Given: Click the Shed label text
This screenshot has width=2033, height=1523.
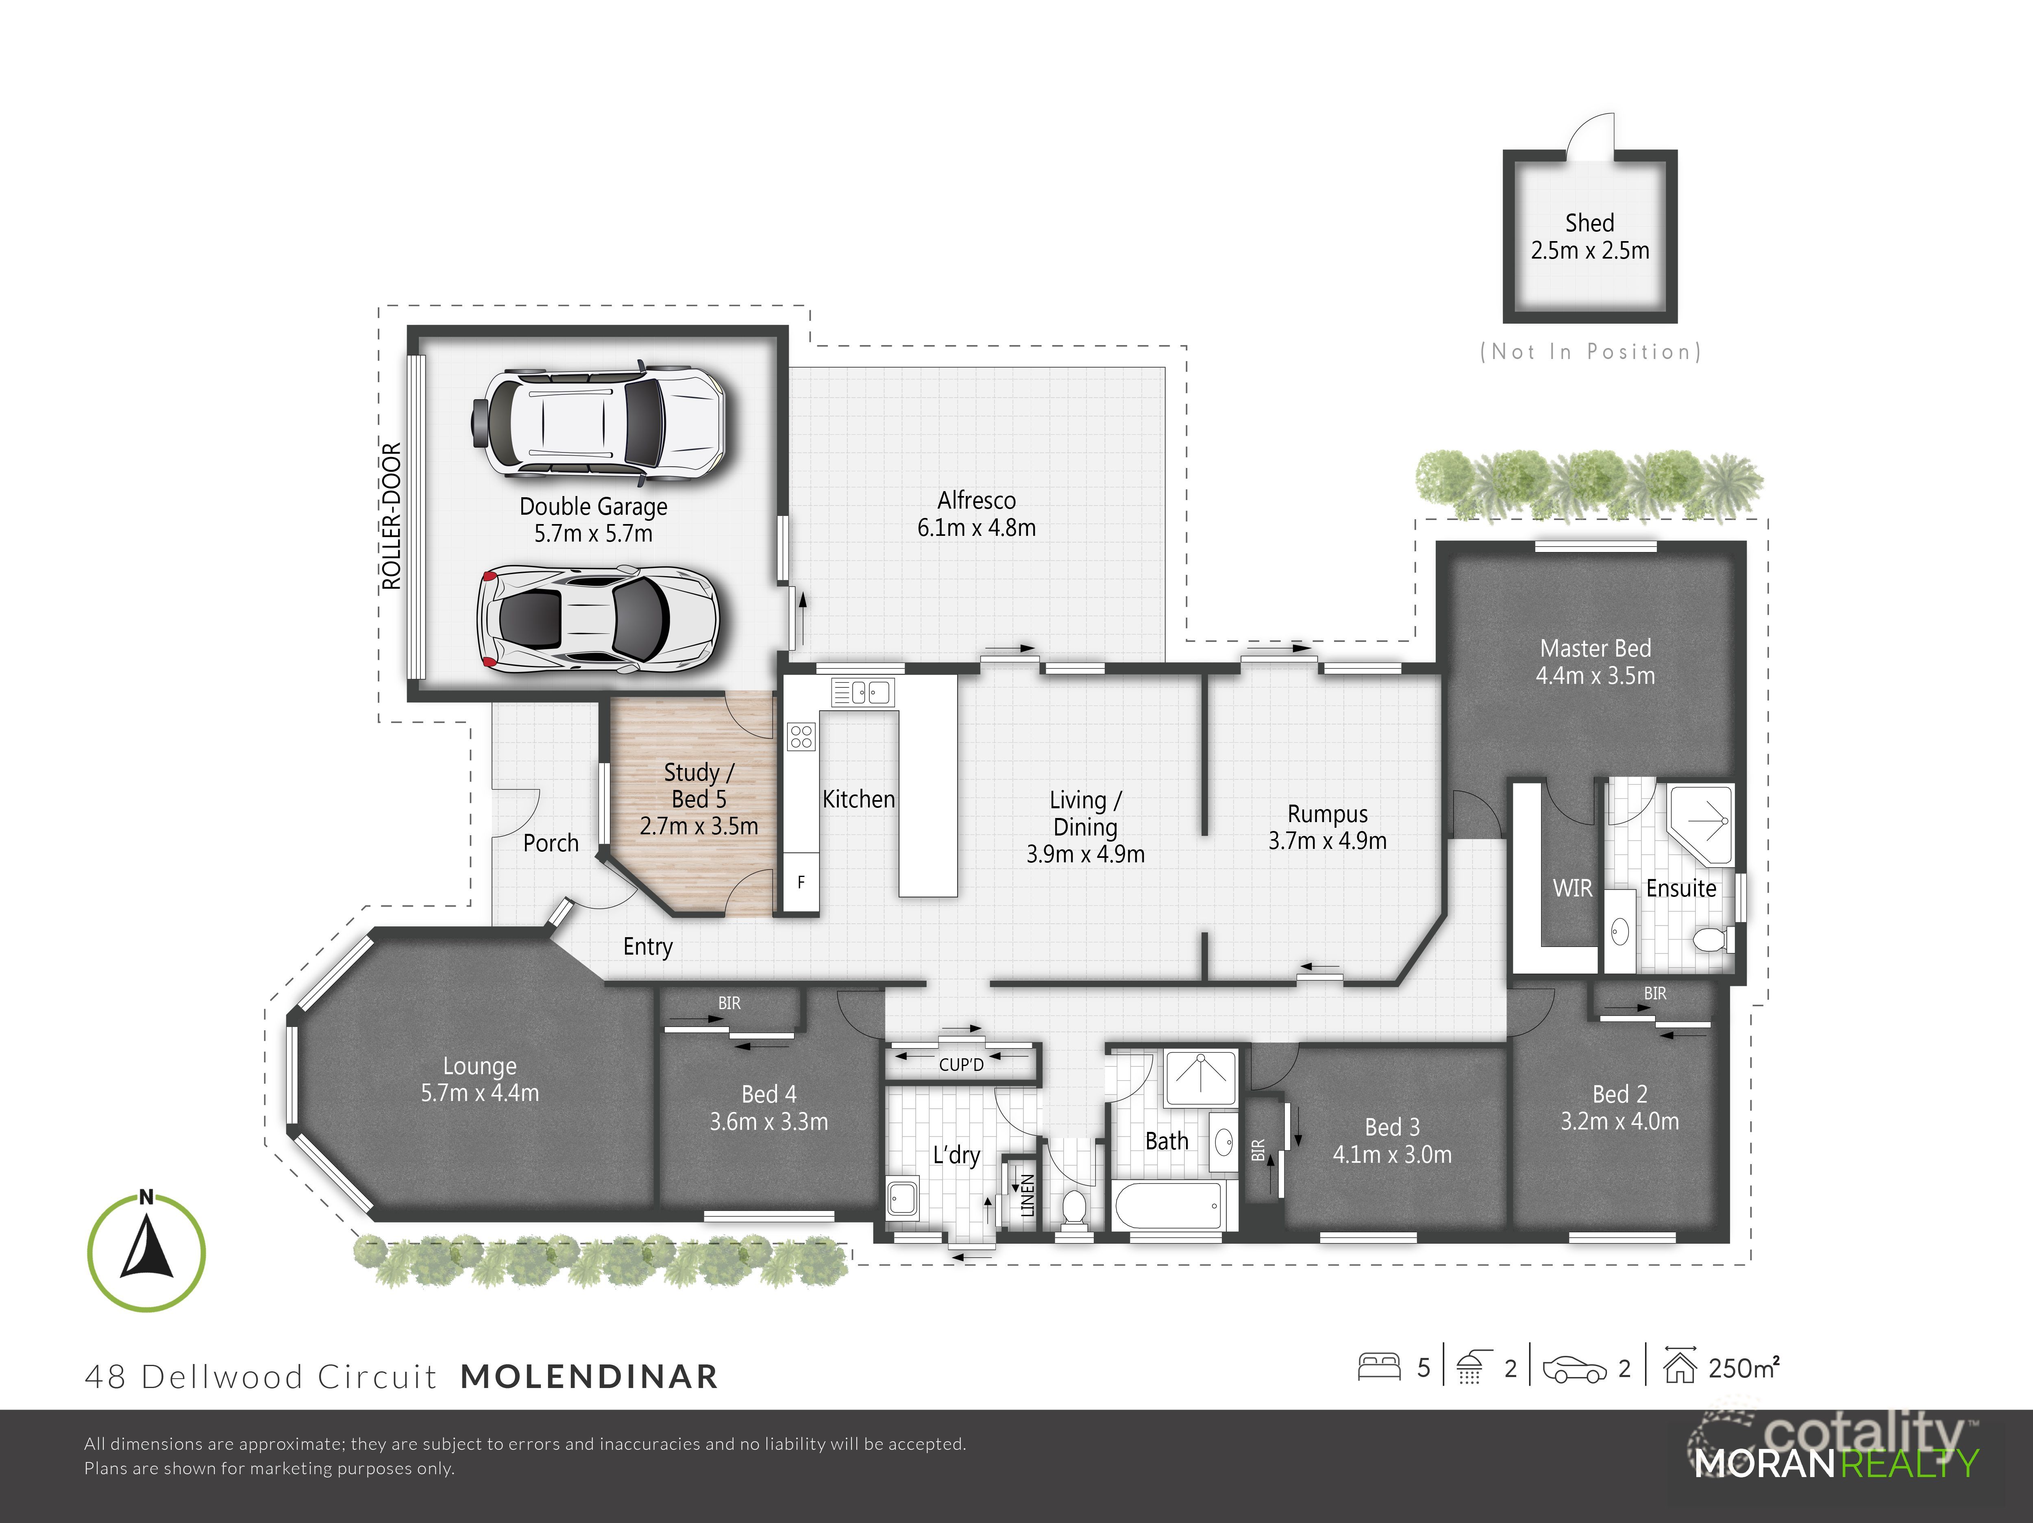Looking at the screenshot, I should coord(1589,223).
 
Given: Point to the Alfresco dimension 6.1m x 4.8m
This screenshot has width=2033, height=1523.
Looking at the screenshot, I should coord(976,529).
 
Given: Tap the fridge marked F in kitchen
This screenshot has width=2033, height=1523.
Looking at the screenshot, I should coord(801,882).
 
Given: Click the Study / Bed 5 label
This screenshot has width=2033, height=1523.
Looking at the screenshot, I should coord(699,786).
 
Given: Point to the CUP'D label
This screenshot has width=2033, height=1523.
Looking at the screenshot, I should coord(961,1064).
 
